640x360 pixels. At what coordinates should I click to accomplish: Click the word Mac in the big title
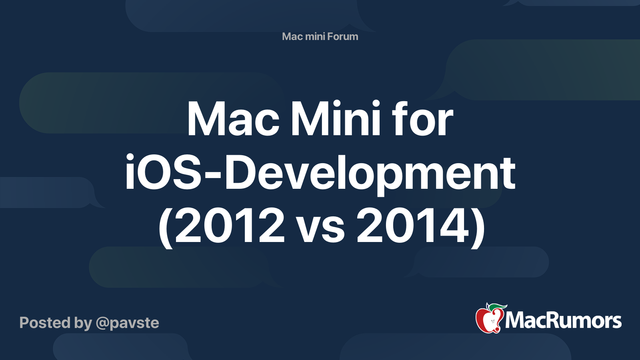[x=233, y=119]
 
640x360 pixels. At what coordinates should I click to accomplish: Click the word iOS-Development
[x=320, y=173]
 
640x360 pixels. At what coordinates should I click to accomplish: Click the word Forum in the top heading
[x=342, y=36]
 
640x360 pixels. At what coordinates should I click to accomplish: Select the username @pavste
[x=127, y=323]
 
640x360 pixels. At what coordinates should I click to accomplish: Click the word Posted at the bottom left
[x=45, y=323]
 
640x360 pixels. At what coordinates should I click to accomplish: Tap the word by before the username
[x=83, y=323]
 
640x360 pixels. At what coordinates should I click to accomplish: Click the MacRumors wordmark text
[x=563, y=320]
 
